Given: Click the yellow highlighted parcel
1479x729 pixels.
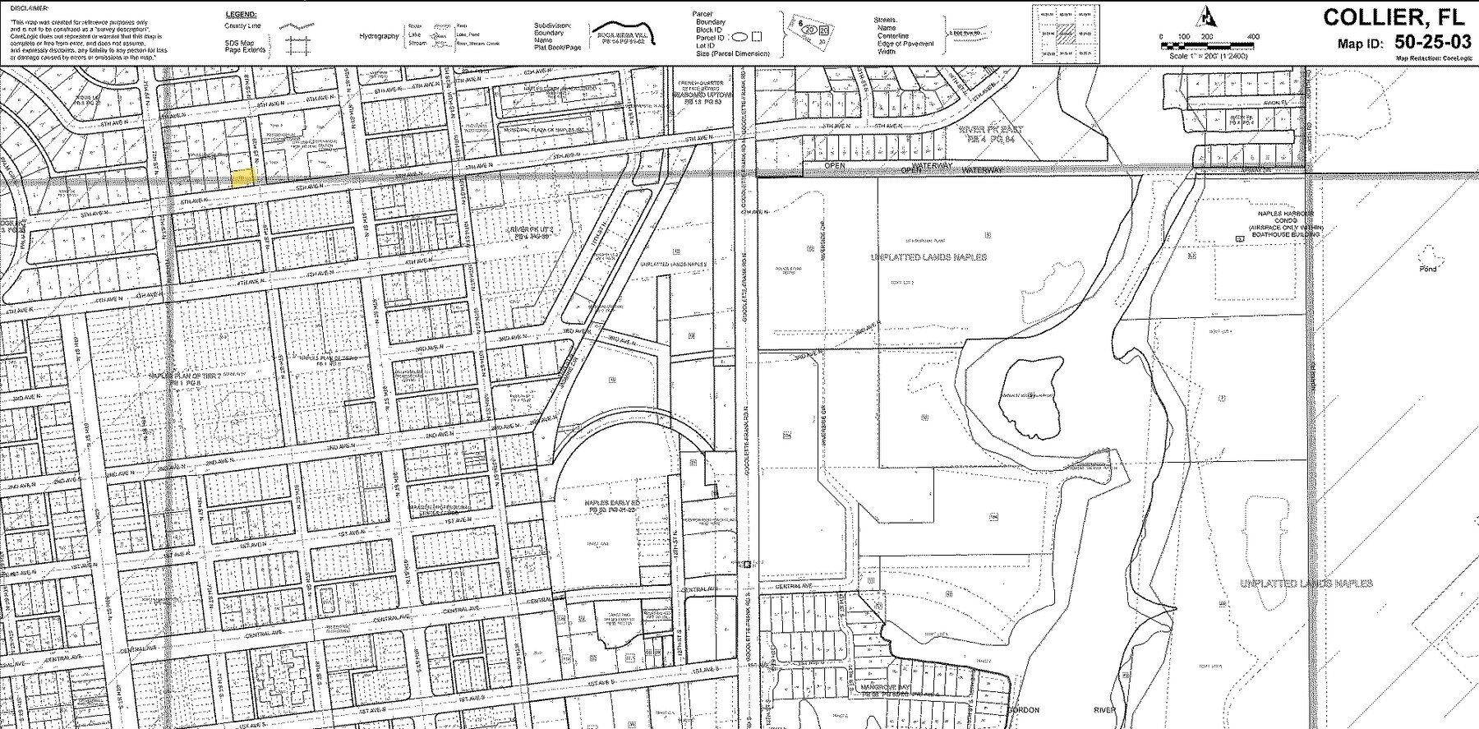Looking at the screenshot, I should tap(243, 178).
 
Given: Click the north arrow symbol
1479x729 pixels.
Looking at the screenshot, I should tap(1206, 15).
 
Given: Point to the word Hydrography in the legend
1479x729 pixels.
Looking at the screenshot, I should tap(379, 36).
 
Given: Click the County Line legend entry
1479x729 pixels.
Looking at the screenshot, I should tap(244, 25).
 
